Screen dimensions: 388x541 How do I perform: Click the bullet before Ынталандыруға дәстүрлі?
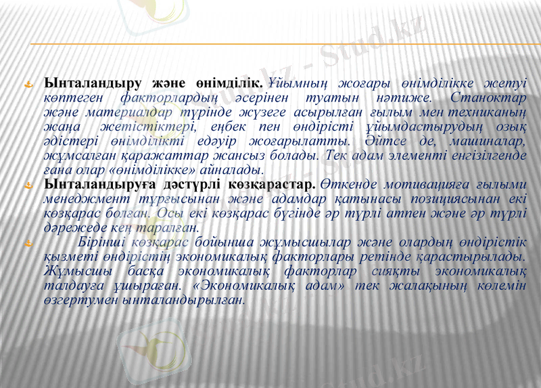pos(29,185)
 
